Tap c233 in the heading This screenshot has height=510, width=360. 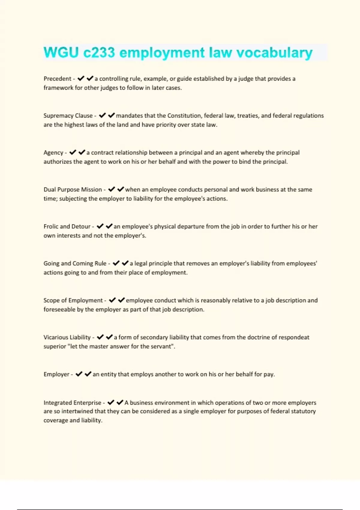[x=99, y=53]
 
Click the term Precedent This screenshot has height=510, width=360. [x=57, y=79]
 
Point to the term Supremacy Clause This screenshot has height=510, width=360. [x=68, y=116]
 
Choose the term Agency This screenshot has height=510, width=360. [x=53, y=153]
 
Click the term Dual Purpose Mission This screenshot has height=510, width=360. [x=73, y=190]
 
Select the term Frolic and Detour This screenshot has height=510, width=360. [x=67, y=226]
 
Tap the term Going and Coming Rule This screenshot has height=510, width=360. [x=75, y=263]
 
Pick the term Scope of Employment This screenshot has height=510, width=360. [x=73, y=300]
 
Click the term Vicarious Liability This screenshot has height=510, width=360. [x=67, y=337]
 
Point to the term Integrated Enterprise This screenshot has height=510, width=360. [x=72, y=403]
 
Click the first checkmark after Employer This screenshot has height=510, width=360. [x=79, y=374]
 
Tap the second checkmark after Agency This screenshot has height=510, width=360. [x=82, y=152]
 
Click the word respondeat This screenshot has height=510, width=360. [x=294, y=337]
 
